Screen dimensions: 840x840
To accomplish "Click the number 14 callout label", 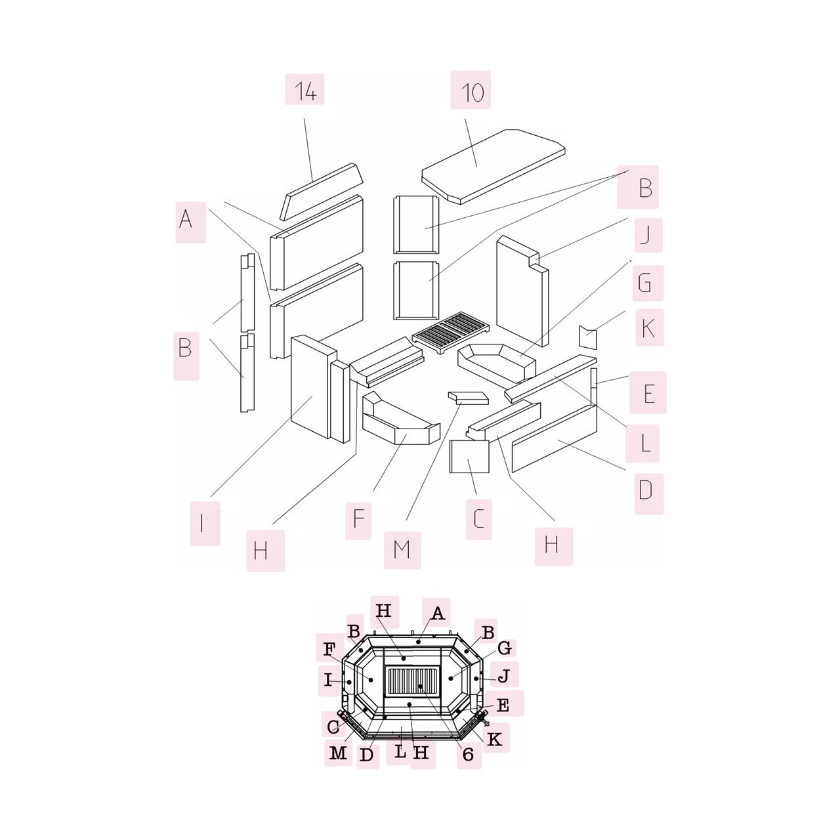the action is [304, 89].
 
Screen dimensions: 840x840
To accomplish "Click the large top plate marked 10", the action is [493, 167].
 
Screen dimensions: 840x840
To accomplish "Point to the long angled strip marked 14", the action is [322, 192].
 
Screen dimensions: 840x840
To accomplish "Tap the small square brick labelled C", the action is [469, 456].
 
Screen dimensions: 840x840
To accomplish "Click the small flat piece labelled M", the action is [469, 398].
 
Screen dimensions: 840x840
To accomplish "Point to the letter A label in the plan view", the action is [436, 612].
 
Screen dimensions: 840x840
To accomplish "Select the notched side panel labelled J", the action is [522, 291].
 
